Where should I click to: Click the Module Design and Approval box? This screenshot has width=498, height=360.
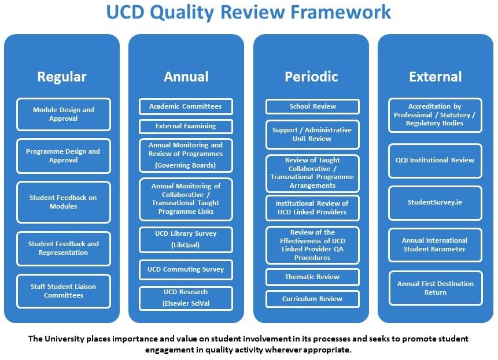pos(63,114)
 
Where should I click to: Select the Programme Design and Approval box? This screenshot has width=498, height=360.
pos(63,155)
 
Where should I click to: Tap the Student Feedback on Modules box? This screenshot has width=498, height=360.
pos(63,202)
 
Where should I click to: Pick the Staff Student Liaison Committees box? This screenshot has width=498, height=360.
pos(63,291)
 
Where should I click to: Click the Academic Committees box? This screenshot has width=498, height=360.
pos(185,106)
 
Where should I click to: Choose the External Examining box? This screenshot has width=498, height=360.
pos(185,126)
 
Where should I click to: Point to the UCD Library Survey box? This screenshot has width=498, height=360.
pos(185,239)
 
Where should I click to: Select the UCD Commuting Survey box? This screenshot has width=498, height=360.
pos(185,269)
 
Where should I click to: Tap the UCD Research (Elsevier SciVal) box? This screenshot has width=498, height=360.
pos(185,298)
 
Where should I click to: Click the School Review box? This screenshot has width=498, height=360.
pos(312,106)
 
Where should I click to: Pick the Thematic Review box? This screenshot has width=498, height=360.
pos(312,277)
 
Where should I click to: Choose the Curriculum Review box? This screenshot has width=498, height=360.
pos(312,299)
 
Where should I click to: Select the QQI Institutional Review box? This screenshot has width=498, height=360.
pos(435,160)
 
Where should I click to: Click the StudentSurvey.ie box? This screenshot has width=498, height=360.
pos(435,203)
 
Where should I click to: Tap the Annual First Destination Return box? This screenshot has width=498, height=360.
pos(435,288)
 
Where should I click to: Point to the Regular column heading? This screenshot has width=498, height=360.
pos(62,77)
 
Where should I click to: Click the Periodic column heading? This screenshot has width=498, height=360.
pos(311,77)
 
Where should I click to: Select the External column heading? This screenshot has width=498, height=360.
pos(435,77)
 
